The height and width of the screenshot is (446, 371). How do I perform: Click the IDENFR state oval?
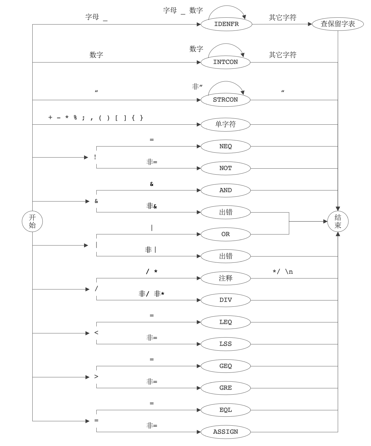(226, 24)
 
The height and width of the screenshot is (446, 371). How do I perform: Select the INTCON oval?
(225, 62)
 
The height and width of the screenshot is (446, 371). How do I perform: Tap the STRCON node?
(225, 100)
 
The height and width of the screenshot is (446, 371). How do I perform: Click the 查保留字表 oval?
(338, 24)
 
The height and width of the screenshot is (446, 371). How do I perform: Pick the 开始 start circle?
(32, 222)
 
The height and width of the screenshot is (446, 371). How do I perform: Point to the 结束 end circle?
(338, 222)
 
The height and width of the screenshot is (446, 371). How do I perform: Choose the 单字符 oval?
(225, 125)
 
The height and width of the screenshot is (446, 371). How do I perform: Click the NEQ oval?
(226, 146)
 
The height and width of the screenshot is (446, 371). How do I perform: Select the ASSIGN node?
(226, 432)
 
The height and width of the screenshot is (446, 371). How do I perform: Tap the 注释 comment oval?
(226, 278)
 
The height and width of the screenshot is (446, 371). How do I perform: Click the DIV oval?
(226, 300)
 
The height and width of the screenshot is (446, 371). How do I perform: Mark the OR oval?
(226, 234)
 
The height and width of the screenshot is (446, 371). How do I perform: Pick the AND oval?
(226, 190)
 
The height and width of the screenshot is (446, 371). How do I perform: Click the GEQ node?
(226, 366)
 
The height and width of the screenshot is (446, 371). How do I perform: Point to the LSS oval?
(226, 344)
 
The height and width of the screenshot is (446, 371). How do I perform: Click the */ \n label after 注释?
(283, 272)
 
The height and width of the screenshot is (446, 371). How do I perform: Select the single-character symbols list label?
(95, 118)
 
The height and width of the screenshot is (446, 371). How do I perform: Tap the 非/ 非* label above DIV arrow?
(151, 294)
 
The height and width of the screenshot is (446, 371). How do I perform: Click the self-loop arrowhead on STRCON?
(242, 92)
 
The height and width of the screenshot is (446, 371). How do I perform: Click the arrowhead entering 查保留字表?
(310, 24)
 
